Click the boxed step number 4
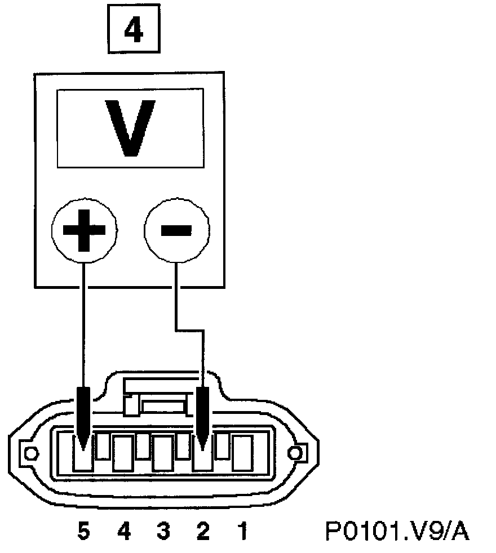pos(133,33)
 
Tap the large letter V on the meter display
pos(131,127)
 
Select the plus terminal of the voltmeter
pos(84,230)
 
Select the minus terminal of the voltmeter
pos(176,230)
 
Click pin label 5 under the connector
pos(83,531)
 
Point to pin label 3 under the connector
pos(163,531)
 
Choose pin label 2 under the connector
pos(202,531)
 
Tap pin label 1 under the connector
pos(242,531)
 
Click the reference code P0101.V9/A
pos(397,531)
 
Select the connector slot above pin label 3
pos(163,453)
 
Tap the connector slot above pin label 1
pos(242,453)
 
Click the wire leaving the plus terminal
pos(84,315)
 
